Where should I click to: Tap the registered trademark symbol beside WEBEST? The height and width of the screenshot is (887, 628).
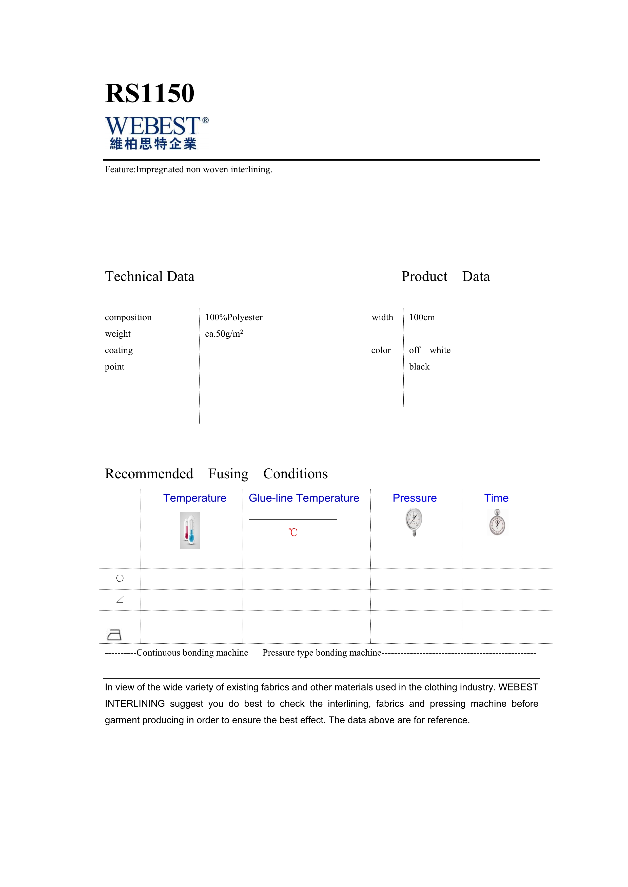tap(205, 120)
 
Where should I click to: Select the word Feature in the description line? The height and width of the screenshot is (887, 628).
tap(119, 170)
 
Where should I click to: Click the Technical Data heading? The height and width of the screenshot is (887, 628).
tap(150, 277)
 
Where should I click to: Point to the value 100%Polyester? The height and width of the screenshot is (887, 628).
tap(233, 318)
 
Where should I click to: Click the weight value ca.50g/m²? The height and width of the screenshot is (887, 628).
tap(224, 334)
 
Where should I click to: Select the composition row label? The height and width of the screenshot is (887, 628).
tap(128, 318)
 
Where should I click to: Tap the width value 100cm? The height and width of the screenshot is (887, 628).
tap(422, 318)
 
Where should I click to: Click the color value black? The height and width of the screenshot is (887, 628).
tap(419, 367)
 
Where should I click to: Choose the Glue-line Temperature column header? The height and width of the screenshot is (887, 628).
tap(304, 498)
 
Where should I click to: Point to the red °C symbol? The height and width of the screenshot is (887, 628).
tap(293, 532)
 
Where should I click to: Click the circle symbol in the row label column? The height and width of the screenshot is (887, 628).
tap(120, 578)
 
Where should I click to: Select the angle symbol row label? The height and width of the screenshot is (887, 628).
tap(120, 600)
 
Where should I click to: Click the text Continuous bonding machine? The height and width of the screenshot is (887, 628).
tap(192, 653)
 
